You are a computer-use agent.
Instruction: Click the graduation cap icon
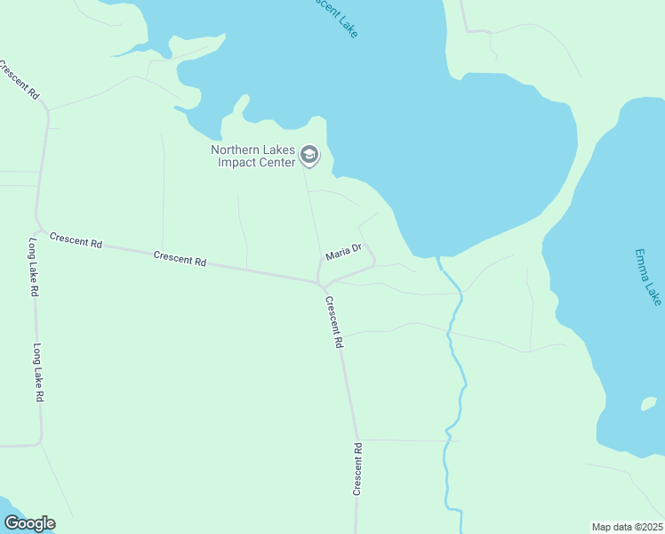tap(309, 156)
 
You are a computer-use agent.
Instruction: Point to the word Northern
tap(235, 150)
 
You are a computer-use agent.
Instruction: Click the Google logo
tap(29, 523)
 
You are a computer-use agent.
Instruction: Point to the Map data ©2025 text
tap(627, 527)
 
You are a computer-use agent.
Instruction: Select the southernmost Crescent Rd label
tap(357, 468)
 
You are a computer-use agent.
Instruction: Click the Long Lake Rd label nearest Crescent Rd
tap(34, 268)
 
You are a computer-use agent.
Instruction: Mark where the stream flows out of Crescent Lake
tap(438, 259)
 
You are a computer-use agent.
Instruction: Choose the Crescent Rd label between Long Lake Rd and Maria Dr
tap(180, 259)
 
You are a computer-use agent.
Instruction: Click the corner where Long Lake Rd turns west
tap(38, 442)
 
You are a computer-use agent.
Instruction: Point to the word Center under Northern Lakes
tap(273, 163)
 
